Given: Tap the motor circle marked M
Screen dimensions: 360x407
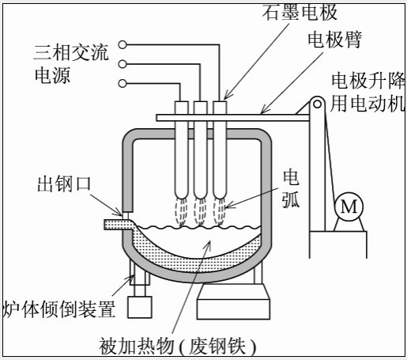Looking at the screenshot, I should (347, 207).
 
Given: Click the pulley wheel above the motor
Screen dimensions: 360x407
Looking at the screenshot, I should (318, 104).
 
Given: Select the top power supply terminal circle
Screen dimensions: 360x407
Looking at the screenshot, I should (122, 45).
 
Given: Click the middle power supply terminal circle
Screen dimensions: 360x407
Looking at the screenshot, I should (122, 64).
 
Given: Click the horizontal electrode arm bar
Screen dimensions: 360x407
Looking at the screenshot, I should (237, 118).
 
